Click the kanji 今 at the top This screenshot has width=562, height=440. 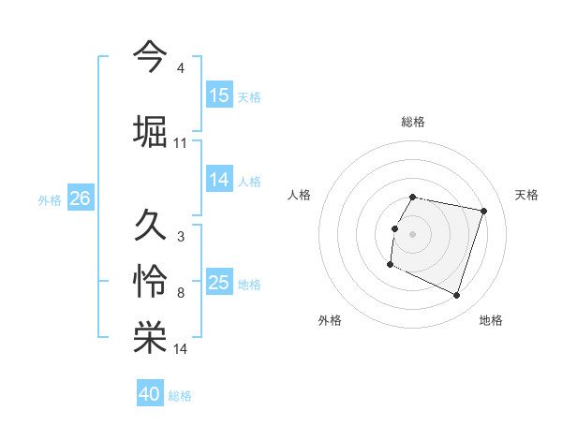(150, 55)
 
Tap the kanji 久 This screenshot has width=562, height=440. (150, 224)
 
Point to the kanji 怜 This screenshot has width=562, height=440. (150, 281)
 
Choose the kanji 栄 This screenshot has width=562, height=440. (150, 338)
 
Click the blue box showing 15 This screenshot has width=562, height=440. (219, 95)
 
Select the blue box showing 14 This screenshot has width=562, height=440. (219, 180)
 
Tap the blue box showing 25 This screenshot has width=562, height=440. (219, 283)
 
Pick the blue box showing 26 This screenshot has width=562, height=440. (80, 198)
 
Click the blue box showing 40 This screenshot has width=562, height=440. (150, 394)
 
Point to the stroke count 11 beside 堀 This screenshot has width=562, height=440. (181, 143)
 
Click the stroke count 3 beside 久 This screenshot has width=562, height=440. (181, 237)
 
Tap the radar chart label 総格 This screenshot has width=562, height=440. (413, 122)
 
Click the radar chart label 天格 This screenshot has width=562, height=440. (527, 195)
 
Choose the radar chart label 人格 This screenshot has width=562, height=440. (299, 195)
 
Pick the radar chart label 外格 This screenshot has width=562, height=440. (330, 320)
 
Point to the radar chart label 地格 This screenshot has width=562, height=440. (491, 320)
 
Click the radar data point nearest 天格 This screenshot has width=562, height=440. (484, 212)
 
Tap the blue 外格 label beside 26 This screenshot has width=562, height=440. (50, 199)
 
